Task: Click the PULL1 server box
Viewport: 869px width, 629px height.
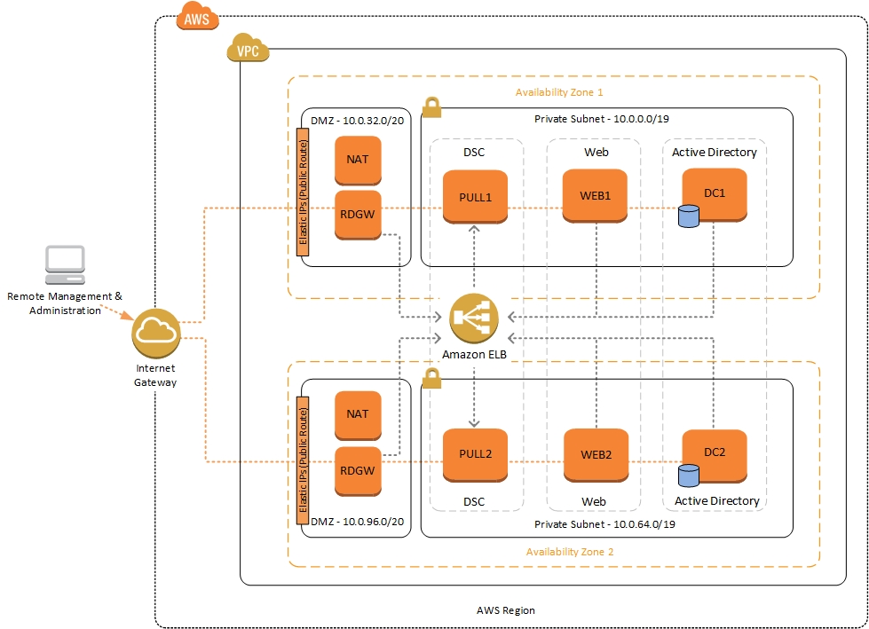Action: tap(475, 197)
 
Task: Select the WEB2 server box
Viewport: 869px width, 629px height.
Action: tap(596, 454)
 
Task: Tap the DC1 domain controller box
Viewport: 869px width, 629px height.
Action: tap(715, 193)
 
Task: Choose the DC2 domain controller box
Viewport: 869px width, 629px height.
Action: tap(715, 453)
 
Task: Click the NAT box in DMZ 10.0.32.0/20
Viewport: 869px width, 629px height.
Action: tap(358, 161)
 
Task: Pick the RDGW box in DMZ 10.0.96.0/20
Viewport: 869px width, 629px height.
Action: tap(358, 471)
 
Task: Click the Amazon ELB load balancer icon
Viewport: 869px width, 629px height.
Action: tap(474, 318)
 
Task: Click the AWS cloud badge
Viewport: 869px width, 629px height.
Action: tap(197, 17)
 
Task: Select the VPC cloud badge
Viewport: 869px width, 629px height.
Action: tap(249, 50)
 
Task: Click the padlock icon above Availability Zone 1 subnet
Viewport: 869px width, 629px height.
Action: tap(431, 107)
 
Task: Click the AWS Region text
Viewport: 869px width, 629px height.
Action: tap(506, 610)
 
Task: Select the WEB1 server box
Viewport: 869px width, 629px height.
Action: tap(596, 197)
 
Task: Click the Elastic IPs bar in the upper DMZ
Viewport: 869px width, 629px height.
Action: tap(303, 193)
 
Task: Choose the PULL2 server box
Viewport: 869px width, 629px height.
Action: tap(475, 454)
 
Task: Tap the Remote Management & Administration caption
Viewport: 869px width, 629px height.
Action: tap(65, 303)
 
